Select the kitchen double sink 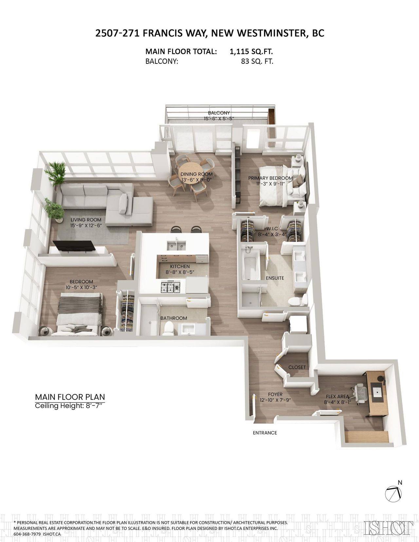coord(176,245)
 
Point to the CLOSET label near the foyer coord(297,367)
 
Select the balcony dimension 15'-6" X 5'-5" coord(219,119)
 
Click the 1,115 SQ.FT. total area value coord(251,51)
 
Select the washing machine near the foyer coord(297,324)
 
